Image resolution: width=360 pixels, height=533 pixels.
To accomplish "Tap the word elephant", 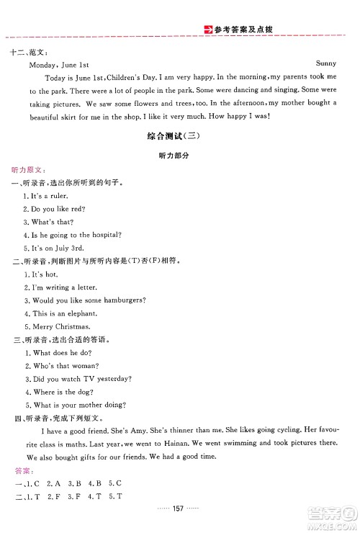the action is tap(80, 313).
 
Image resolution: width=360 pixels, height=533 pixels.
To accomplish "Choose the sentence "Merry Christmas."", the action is tap(54, 326).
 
